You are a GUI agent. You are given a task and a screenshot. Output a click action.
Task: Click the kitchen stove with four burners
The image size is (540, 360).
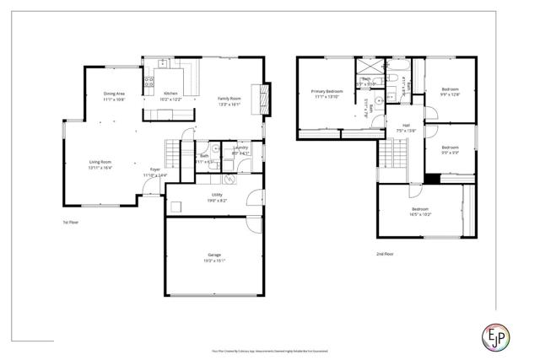point(149,83)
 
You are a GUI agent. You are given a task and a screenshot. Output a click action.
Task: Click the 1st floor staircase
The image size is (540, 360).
point(173,153)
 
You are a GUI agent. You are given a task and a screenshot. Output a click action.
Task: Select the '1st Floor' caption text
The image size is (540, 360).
point(70,223)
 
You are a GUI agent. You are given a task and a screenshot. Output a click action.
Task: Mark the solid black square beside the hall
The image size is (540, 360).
point(432,178)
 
